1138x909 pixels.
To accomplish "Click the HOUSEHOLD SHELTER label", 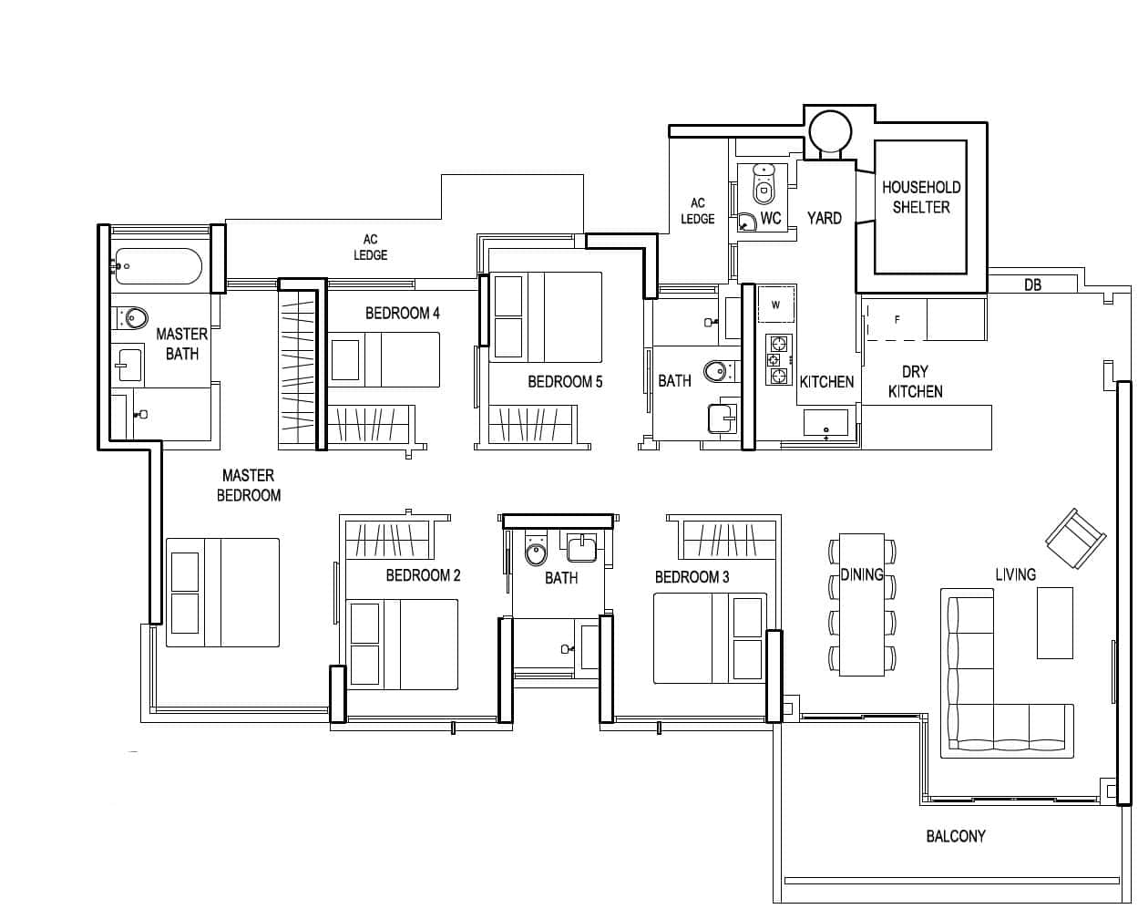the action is tap(920, 197).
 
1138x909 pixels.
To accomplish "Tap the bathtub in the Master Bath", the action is tap(159, 266).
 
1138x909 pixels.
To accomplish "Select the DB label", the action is tap(1032, 285).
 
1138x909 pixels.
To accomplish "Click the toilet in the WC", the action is tap(764, 183).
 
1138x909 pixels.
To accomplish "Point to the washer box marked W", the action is tap(776, 305).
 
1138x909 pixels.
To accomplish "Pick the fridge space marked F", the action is tap(897, 320).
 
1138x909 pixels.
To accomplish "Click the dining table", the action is tap(862, 604).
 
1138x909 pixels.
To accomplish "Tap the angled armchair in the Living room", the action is tap(1076, 539).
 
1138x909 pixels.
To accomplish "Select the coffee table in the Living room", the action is tap(1054, 623).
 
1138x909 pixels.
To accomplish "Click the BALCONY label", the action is tap(956, 836).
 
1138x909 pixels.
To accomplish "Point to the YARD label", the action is tap(825, 218).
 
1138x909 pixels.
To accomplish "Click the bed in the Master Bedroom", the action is tap(222, 592).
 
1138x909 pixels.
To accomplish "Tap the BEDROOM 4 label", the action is tap(403, 314).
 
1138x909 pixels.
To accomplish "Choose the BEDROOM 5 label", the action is tap(565, 381).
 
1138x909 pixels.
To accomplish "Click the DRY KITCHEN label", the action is tap(915, 381).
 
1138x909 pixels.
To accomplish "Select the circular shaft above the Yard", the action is tap(830, 132).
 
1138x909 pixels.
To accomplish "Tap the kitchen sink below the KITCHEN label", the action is tap(825, 422).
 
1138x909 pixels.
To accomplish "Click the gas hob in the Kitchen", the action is tap(778, 360).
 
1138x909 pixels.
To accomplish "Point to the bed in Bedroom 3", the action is tap(710, 638).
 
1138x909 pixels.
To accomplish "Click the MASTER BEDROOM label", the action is tap(249, 485).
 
